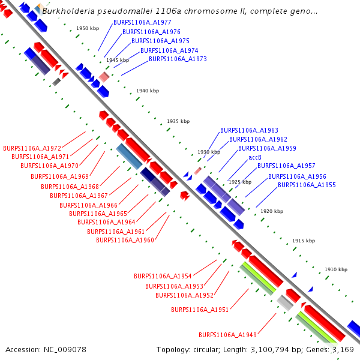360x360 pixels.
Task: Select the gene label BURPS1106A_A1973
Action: tap(178, 59)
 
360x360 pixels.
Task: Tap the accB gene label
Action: tap(255, 157)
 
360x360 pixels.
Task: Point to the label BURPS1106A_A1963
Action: tap(249, 130)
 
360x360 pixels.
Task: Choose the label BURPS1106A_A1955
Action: tap(307, 185)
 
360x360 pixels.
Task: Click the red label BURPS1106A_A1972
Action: tap(32, 148)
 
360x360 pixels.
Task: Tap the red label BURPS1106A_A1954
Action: tap(163, 277)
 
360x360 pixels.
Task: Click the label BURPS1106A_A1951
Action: tap(200, 310)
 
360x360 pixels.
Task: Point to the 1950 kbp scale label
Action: tap(88, 29)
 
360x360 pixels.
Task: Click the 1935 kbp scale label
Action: tap(178, 121)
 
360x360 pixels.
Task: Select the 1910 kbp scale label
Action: tap(336, 270)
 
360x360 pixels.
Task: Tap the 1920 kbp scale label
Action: tap(271, 211)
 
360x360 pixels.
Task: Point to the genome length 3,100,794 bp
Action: tap(269, 349)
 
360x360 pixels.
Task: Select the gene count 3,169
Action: tap(344, 349)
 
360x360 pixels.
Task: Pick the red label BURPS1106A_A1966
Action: tap(89, 205)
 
